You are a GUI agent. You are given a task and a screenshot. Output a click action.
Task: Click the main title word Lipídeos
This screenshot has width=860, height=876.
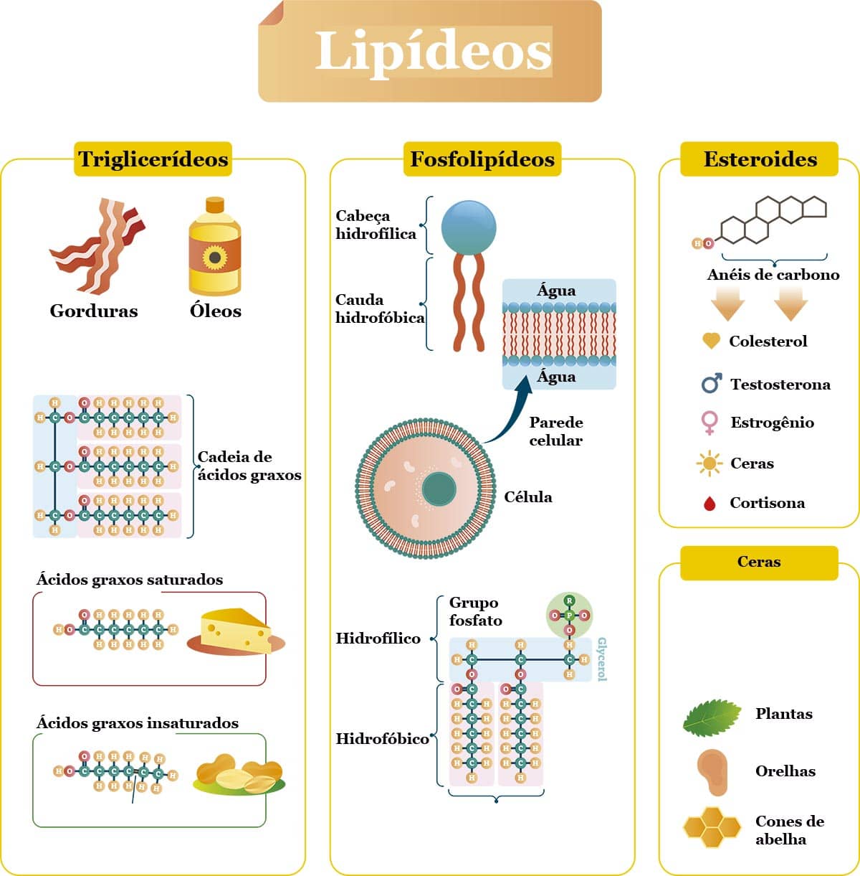click(433, 51)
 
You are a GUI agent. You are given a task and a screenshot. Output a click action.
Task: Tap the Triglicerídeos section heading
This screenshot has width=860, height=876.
click(153, 159)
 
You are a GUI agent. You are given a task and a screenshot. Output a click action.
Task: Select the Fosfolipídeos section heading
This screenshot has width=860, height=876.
click(482, 159)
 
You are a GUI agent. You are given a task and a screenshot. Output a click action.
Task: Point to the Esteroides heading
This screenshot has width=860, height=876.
click(760, 159)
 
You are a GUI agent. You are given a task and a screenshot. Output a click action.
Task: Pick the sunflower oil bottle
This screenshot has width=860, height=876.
click(214, 247)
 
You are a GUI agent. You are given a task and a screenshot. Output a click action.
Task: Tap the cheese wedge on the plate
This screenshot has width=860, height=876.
click(236, 631)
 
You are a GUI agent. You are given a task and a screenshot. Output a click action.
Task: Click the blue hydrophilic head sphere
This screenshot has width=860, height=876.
click(469, 225)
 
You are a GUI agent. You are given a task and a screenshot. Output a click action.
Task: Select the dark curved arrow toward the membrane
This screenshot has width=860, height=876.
click(510, 416)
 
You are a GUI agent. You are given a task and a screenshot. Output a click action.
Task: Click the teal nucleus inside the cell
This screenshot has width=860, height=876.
click(439, 489)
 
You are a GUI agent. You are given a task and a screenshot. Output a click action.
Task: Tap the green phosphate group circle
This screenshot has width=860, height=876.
click(569, 616)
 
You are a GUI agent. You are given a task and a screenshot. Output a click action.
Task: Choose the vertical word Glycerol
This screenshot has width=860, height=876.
click(602, 659)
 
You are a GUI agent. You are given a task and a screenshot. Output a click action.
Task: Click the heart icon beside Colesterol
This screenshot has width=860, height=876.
click(710, 341)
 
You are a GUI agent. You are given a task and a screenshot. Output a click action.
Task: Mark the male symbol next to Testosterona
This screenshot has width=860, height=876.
click(710, 384)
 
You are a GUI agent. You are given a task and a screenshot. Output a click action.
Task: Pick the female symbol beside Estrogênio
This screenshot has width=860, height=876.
click(709, 423)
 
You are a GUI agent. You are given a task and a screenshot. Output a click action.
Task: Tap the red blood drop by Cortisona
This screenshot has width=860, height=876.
click(709, 504)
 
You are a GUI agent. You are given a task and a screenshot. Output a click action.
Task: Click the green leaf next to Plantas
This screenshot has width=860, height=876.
click(712, 717)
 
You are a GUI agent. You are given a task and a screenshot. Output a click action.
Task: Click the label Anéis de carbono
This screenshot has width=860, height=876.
click(773, 275)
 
